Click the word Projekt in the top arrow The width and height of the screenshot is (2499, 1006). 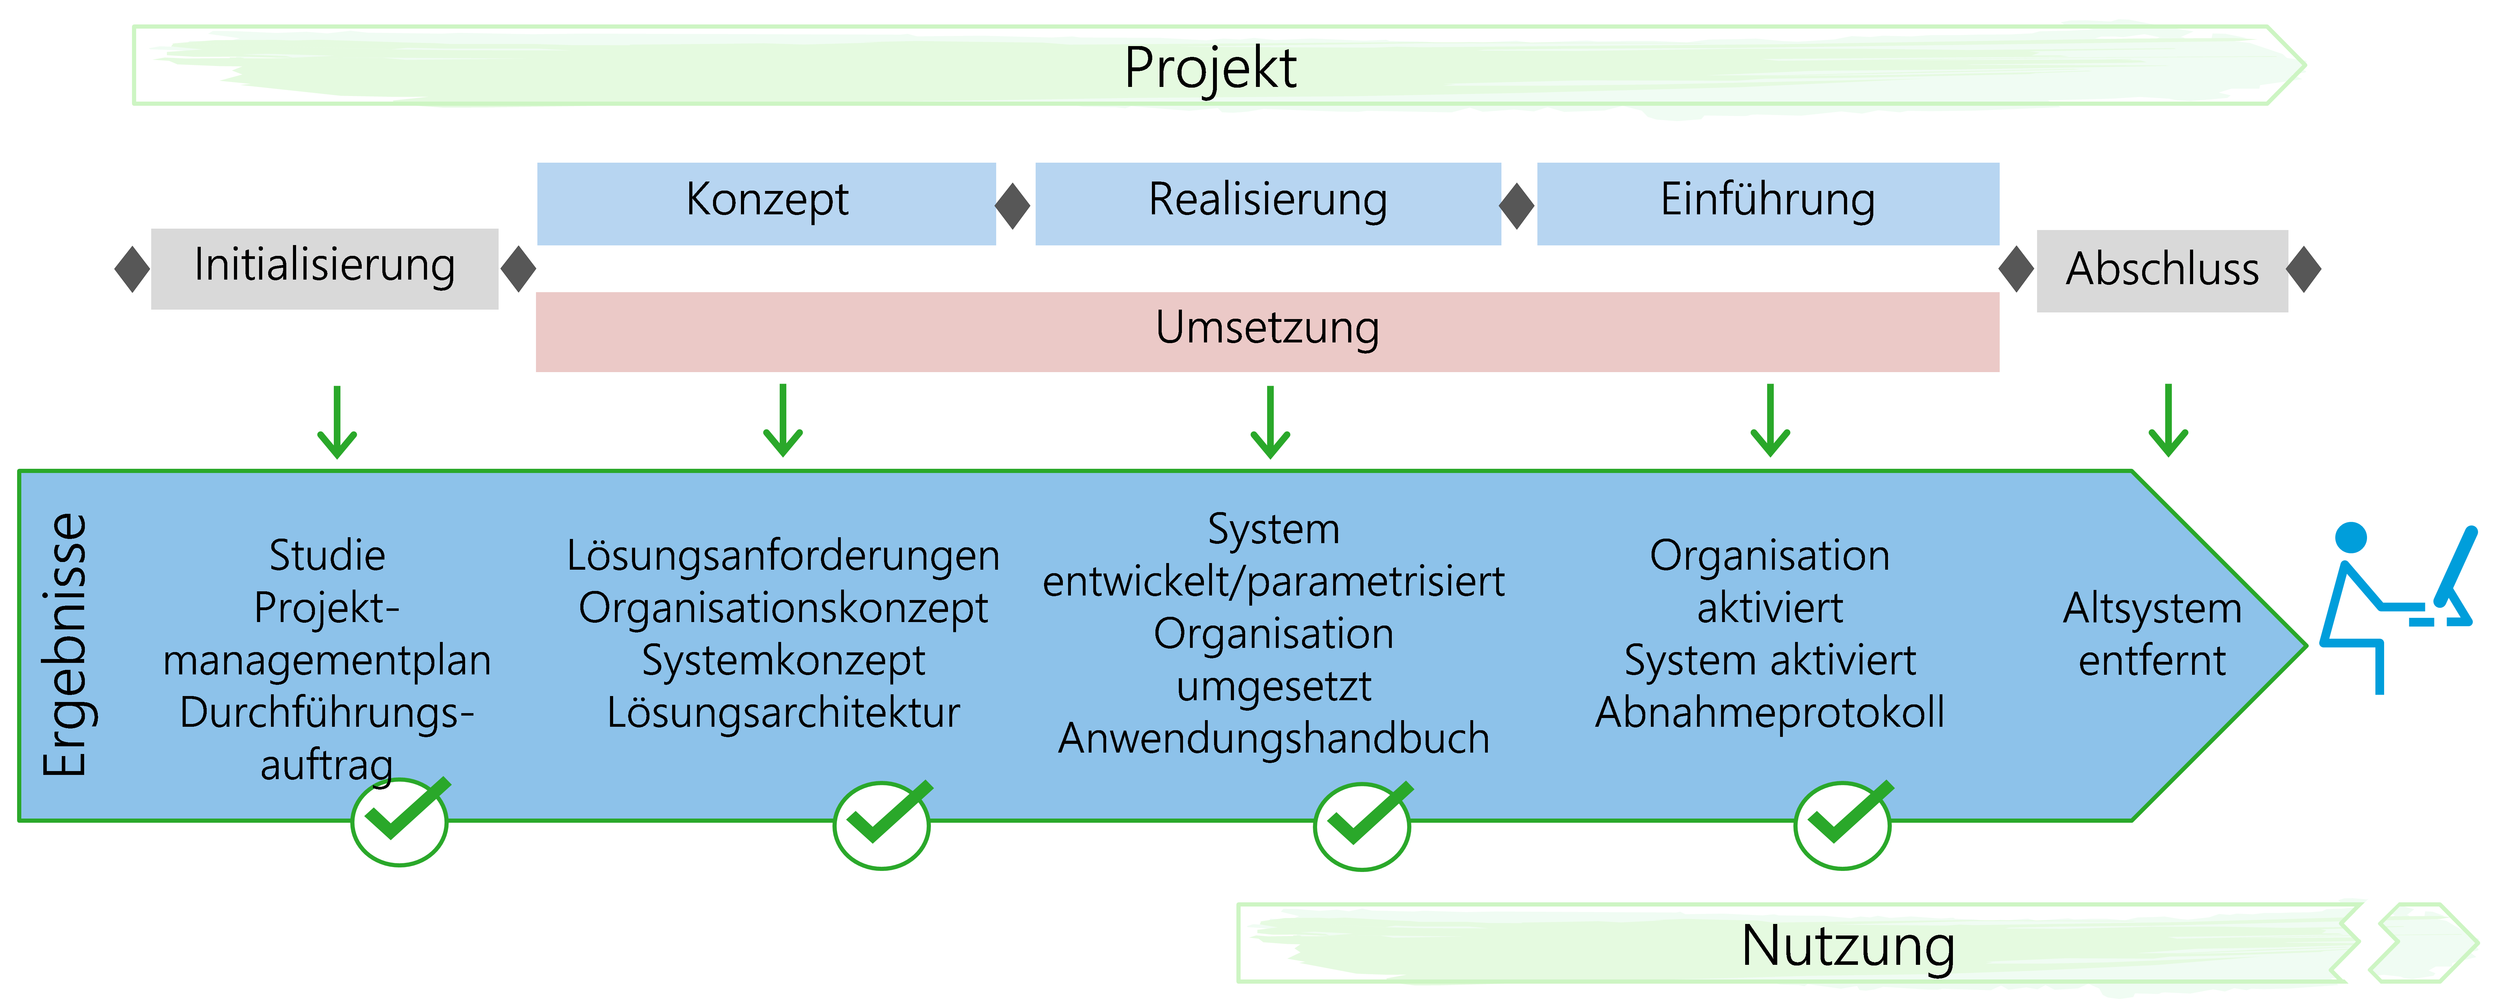coord(1210,68)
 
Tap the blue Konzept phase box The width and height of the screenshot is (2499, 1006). coord(766,202)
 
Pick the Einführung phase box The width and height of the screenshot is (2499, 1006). coord(1767,202)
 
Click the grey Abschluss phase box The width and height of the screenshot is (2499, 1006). coord(2161,270)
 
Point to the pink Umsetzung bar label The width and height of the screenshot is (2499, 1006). coord(1267,328)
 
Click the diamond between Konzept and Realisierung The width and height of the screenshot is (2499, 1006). coord(1013,206)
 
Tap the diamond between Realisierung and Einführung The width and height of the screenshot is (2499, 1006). coord(1517,206)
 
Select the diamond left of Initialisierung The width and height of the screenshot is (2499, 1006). coord(132,269)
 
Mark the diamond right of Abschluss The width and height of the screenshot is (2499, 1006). coord(2304,269)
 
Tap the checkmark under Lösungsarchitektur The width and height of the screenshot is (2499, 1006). coord(882,824)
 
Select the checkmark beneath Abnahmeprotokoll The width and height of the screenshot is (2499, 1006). coord(1842,824)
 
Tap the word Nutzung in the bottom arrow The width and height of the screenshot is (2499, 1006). coord(1847,946)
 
